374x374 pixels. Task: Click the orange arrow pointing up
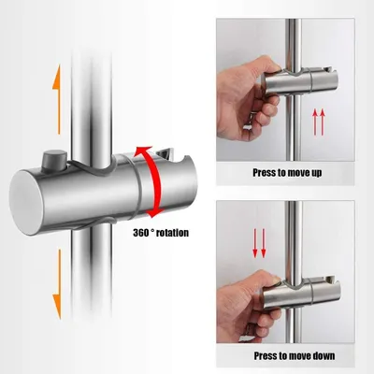coord(57,100)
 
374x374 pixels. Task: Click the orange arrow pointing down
coord(57,284)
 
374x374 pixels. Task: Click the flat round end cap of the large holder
coord(26,203)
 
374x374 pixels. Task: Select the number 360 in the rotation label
coord(142,233)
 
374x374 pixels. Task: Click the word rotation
coord(172,233)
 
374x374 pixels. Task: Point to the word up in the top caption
coord(315,173)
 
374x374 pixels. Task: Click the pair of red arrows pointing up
coord(319,122)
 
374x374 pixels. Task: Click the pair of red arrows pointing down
coord(259,243)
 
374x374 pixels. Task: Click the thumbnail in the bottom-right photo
coord(276,280)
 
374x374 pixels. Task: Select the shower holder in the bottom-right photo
coord(302,293)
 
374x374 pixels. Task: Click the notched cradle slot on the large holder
coord(170,155)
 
